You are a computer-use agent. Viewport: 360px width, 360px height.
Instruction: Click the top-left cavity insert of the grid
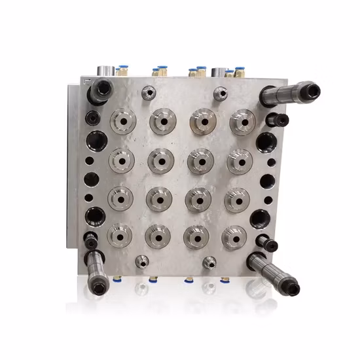pos(122,121)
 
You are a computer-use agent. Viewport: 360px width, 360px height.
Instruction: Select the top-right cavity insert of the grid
pos(242,122)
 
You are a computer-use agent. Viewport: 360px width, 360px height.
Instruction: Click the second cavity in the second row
pos(160,160)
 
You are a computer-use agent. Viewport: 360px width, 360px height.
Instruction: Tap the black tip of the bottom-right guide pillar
pos(289,287)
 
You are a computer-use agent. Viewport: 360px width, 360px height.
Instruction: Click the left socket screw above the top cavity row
pos(148,94)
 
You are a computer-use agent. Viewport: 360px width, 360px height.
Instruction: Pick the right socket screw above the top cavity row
pos(221,94)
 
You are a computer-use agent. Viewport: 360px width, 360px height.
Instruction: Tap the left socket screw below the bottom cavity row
pos(139,262)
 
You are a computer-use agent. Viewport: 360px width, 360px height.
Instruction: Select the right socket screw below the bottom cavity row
pos(209,263)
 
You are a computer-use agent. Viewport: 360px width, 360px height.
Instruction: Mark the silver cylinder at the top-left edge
pos(104,70)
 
